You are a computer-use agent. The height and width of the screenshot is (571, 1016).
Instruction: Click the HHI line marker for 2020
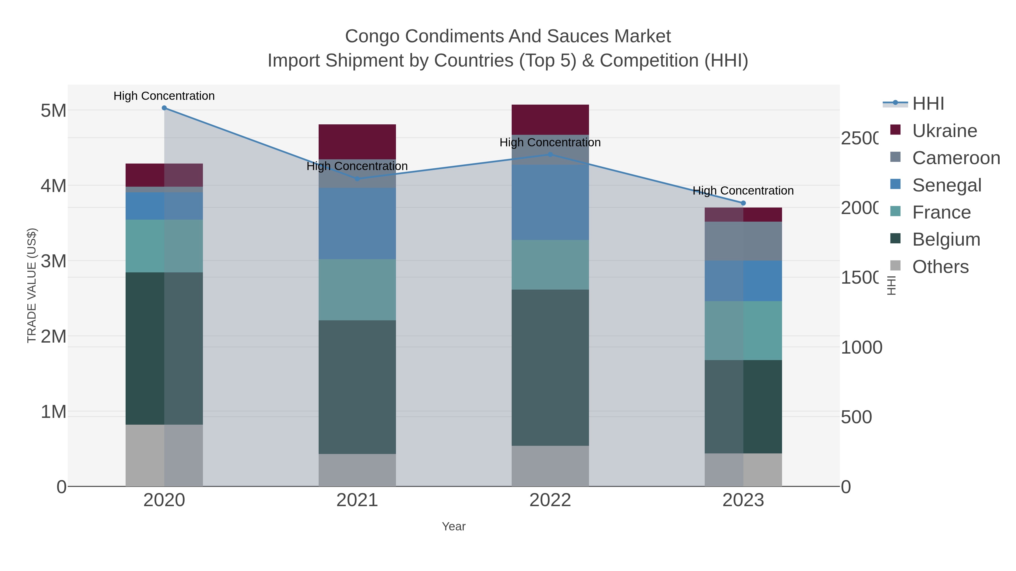[x=165, y=108]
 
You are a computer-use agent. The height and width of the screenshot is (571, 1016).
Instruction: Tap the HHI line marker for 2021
[x=357, y=178]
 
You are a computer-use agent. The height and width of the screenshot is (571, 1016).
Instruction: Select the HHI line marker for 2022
[x=550, y=155]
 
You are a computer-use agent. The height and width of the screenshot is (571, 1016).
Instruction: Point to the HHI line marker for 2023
[x=743, y=203]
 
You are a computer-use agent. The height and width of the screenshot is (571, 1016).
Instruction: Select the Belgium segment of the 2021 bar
[x=357, y=387]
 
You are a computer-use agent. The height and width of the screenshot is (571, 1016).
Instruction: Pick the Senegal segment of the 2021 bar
[x=357, y=223]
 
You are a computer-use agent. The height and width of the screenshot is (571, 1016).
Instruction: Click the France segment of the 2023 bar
[x=743, y=331]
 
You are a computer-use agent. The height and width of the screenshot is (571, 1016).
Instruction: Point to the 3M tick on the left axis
[x=54, y=261]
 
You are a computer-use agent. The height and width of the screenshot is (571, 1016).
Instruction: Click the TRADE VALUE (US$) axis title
[x=32, y=285]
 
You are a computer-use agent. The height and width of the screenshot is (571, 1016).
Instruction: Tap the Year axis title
[x=454, y=526]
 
